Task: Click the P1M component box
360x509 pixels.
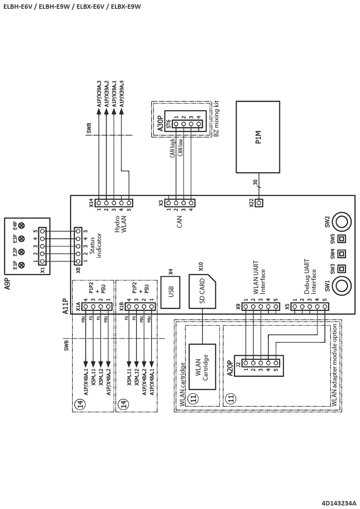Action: [258, 137]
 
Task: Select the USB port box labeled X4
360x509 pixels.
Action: [170, 292]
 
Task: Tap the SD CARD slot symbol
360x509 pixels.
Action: [202, 291]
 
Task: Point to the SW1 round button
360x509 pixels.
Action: [341, 286]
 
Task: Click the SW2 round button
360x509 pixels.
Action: [341, 222]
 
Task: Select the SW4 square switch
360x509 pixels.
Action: [341, 254]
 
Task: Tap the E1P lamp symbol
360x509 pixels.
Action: [21, 265]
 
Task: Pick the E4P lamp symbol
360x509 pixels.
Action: [21, 225]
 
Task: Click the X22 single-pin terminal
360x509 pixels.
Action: [259, 203]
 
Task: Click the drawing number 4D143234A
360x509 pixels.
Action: [339, 503]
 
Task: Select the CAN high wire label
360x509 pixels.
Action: [173, 148]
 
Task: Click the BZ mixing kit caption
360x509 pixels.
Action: [216, 119]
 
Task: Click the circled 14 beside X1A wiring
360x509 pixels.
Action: [79, 404]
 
